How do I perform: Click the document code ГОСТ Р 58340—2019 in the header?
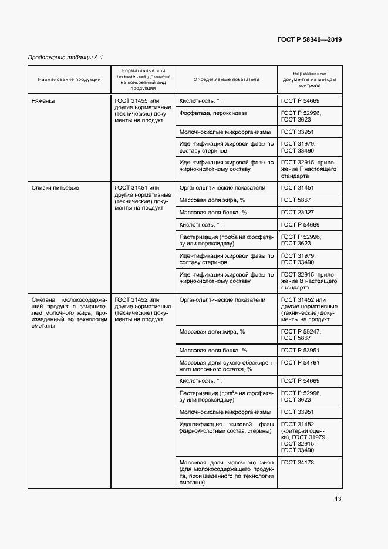point(309,40)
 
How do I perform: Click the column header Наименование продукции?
point(69,79)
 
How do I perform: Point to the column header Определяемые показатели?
point(226,79)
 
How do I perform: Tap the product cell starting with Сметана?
point(69,313)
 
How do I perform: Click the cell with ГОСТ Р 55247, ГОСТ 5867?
point(301,335)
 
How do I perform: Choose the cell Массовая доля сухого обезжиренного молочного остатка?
point(226,366)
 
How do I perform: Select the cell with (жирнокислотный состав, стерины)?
point(226,428)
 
